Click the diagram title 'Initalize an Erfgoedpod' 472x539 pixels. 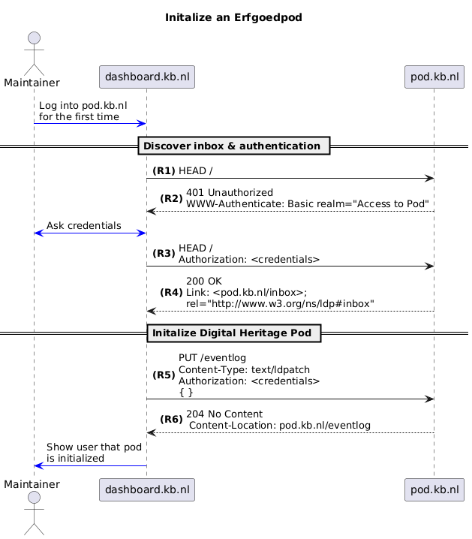(233, 17)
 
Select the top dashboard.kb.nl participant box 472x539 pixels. (147, 77)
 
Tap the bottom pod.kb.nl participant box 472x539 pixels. (434, 489)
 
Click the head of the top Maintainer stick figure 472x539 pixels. (34, 38)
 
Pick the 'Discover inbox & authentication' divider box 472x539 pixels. (234, 146)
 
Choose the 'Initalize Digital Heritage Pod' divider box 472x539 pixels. (234, 333)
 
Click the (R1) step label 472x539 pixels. (164, 170)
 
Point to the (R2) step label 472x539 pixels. (171, 198)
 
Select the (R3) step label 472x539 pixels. (164, 253)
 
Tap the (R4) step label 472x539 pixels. (171, 292)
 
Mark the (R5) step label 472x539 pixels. (164, 375)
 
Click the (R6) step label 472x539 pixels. (171, 419)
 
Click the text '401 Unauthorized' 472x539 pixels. (230, 192)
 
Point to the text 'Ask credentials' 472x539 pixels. (84, 225)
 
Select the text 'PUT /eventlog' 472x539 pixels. (212, 358)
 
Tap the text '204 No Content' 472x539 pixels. (224, 414)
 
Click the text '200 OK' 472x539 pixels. (204, 282)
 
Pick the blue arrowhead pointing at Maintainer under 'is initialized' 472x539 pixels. (39, 465)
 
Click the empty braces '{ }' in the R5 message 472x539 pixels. (186, 392)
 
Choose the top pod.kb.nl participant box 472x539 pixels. (434, 77)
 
